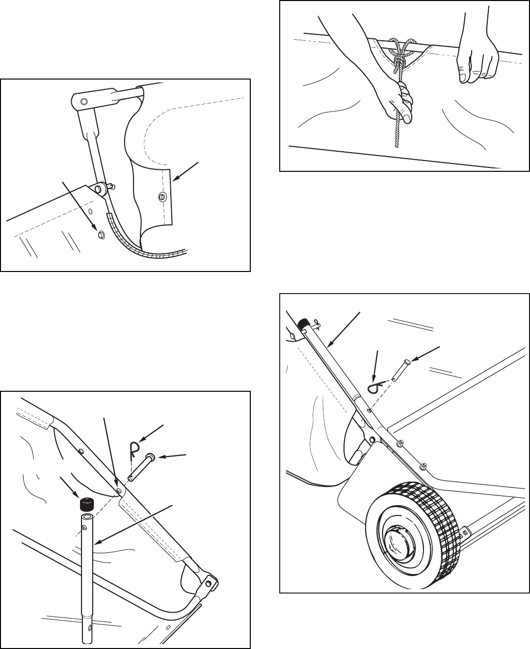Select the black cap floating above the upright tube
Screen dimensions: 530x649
(87, 504)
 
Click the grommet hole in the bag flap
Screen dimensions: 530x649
(161, 197)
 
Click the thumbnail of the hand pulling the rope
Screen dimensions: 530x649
(407, 115)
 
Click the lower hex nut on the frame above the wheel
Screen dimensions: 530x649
(424, 465)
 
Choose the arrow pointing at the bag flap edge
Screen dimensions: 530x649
(184, 170)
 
